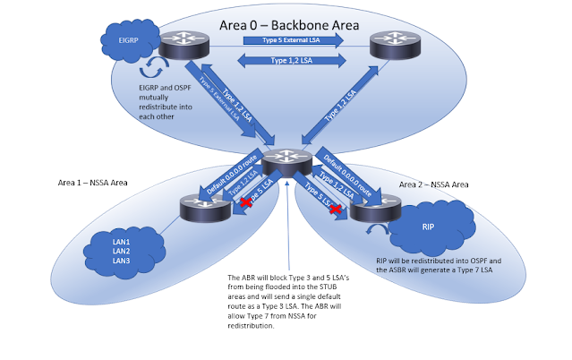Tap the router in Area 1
(201, 207)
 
